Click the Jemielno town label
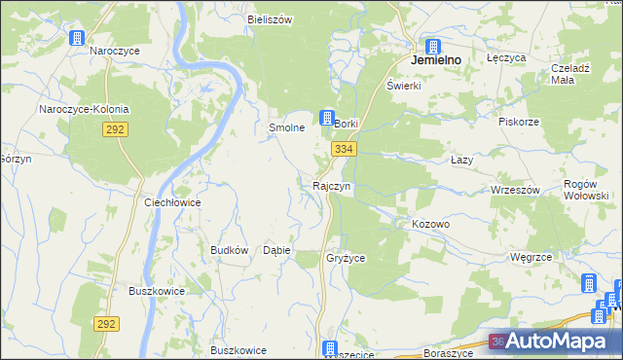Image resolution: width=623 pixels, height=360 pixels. [435, 59]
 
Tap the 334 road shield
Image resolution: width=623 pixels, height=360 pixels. [344, 149]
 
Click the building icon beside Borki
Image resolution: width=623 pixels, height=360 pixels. [328, 117]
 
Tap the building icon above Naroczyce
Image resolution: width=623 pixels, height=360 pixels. [77, 37]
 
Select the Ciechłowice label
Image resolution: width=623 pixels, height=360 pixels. [172, 202]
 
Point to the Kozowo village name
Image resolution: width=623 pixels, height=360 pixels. [430, 224]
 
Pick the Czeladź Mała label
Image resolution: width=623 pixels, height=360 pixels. [572, 74]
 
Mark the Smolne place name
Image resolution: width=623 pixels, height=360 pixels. [287, 127]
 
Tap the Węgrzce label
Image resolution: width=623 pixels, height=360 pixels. [531, 257]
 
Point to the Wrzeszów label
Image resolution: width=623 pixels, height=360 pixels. [516, 190]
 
